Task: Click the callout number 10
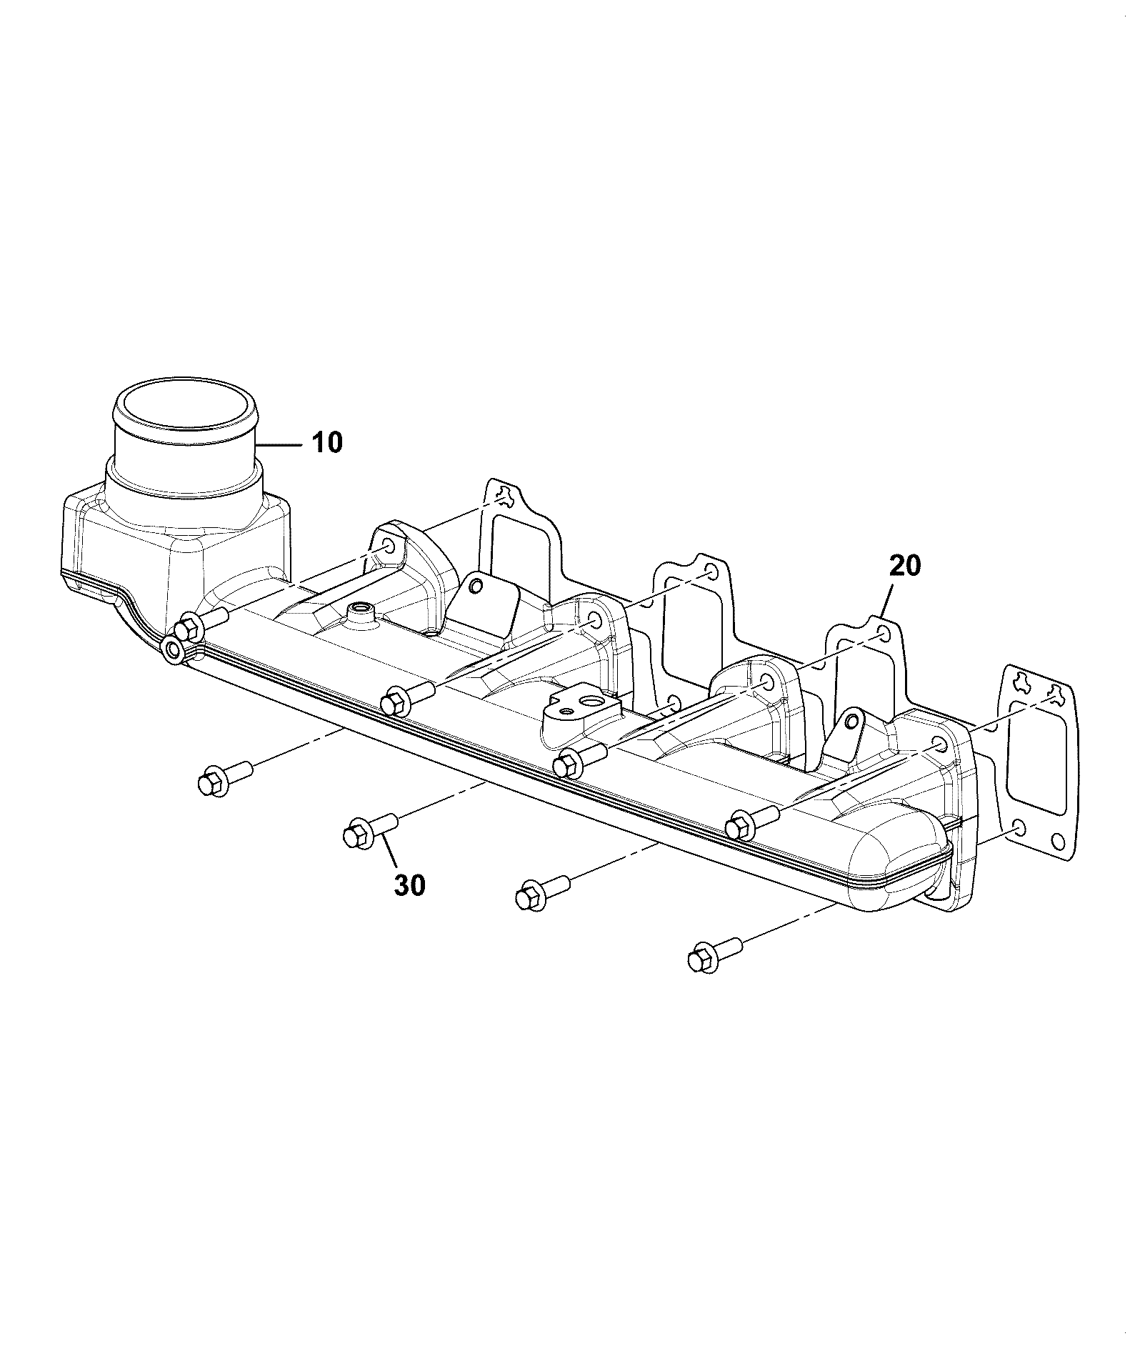pos(327,442)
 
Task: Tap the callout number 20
pos(905,566)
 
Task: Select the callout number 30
pos(409,885)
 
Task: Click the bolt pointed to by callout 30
pos(369,832)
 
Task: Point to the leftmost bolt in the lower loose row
pos(224,778)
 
